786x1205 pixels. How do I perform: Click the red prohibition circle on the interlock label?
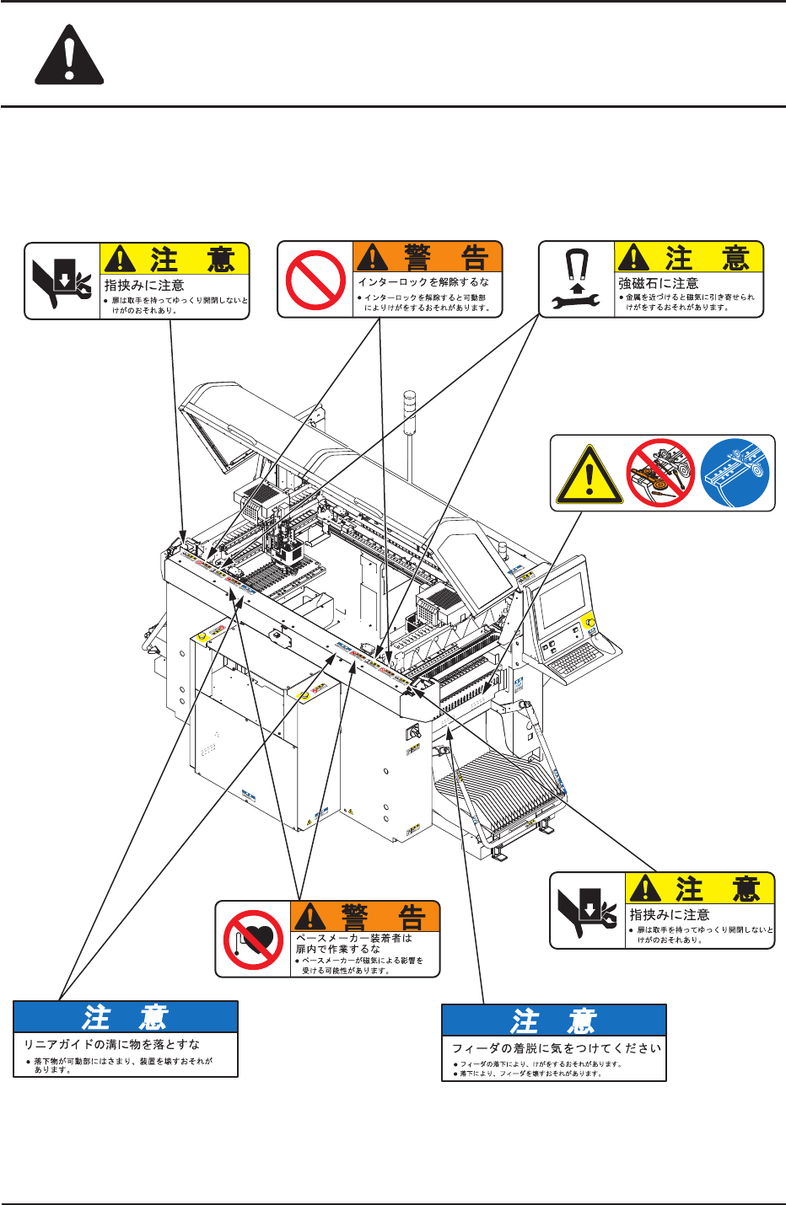[x=315, y=280]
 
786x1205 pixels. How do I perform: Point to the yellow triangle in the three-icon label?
[x=589, y=475]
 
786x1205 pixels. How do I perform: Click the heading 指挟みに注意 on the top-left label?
[x=144, y=286]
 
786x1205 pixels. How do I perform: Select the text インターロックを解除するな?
[x=423, y=282]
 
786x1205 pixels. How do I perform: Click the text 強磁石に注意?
[x=659, y=284]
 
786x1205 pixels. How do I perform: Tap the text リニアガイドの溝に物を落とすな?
[x=112, y=1045]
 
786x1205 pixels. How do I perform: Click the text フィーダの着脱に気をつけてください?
[x=557, y=1048]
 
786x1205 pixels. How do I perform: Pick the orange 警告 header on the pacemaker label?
[x=365, y=916]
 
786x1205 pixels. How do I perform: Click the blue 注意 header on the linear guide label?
[x=126, y=1017]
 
